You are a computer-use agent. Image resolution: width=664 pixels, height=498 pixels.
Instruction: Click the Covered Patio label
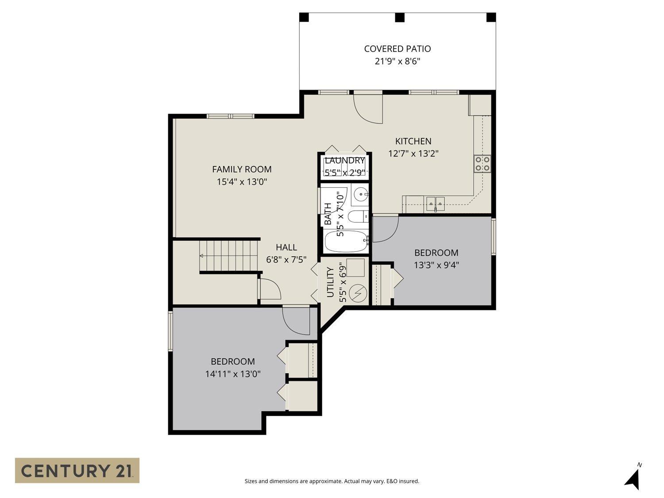click(x=397, y=49)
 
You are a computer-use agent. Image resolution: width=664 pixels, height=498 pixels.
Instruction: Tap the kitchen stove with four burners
click(x=482, y=163)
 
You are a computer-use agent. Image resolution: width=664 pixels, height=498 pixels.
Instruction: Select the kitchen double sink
click(x=435, y=204)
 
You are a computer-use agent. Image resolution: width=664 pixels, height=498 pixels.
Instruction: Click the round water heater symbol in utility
click(x=357, y=293)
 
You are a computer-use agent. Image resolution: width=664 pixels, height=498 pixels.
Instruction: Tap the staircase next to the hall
click(x=228, y=255)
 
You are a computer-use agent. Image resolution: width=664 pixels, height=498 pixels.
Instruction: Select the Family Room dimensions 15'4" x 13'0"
click(x=242, y=181)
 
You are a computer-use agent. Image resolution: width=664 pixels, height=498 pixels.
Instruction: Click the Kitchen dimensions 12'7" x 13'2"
click(x=413, y=154)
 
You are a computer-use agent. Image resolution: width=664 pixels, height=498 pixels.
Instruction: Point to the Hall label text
click(x=286, y=247)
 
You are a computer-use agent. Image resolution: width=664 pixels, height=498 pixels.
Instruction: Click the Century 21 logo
click(x=77, y=470)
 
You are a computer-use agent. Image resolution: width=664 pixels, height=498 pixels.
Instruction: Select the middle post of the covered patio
click(x=399, y=18)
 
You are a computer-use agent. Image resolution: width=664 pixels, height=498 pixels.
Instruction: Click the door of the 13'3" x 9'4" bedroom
click(x=386, y=228)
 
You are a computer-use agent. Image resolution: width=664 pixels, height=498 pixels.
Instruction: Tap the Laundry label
click(x=344, y=161)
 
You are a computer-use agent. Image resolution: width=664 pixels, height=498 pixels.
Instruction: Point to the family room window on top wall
click(x=230, y=116)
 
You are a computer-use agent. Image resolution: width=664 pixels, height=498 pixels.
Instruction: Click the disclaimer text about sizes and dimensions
click(x=332, y=481)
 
